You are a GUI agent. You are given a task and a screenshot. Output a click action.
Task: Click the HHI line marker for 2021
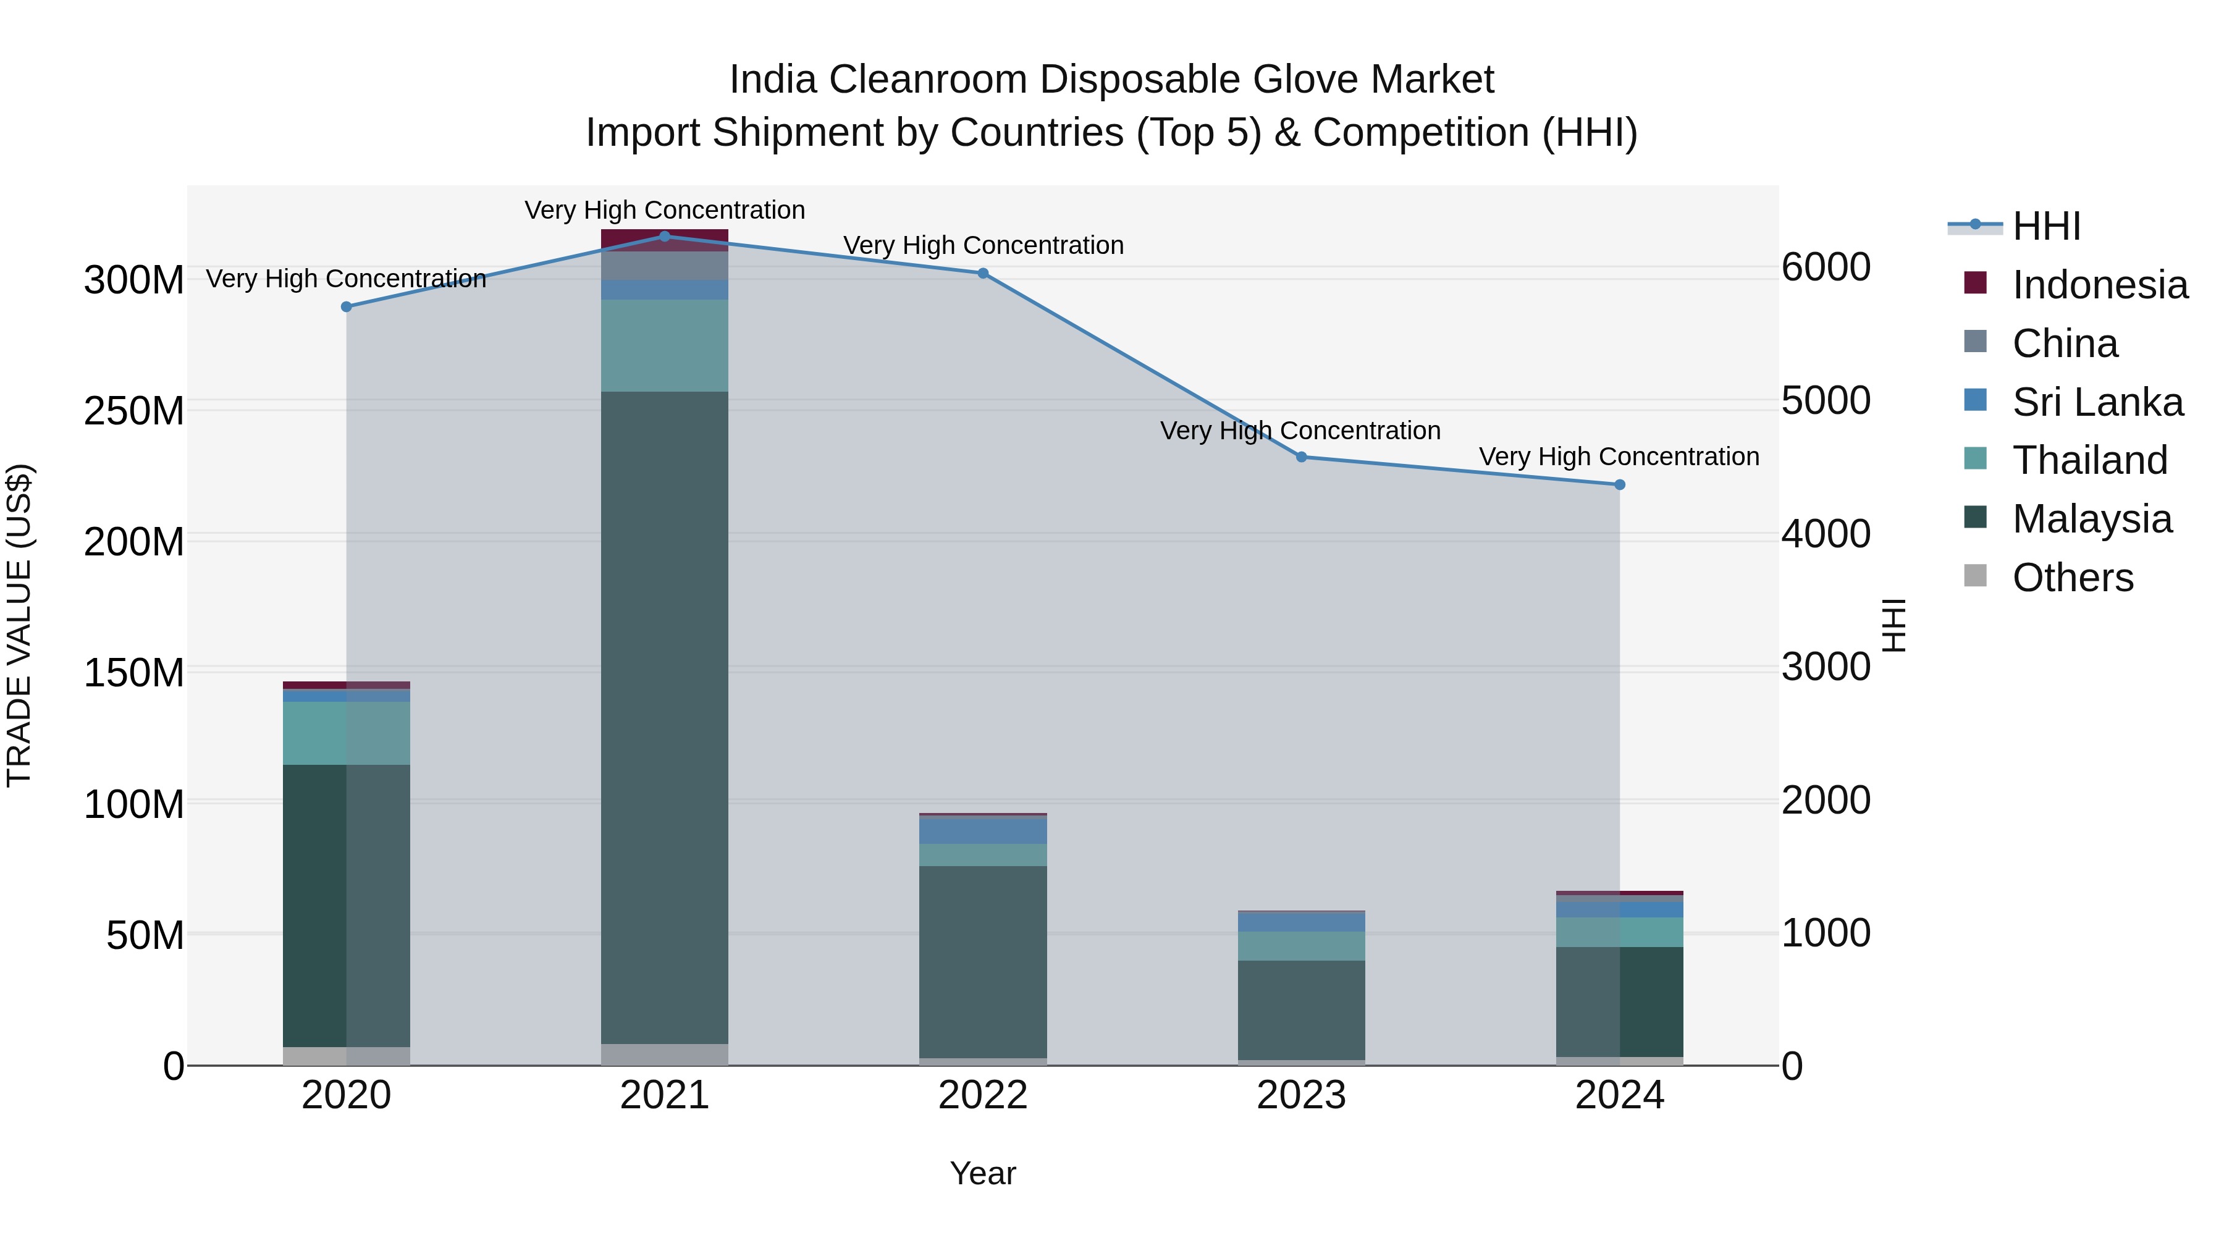[x=664, y=236]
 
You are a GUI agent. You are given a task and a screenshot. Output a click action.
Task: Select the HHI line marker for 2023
[x=1301, y=457]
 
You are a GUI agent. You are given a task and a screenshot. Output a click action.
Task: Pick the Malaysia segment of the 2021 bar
[x=664, y=717]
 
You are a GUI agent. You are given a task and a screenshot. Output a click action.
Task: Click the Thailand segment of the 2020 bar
[x=346, y=732]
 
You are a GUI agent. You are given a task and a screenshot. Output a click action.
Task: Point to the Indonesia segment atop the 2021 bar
[x=664, y=239]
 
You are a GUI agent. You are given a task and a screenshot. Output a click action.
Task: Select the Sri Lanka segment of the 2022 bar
[x=982, y=830]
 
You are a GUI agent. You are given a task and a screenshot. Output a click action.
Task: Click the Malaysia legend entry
[x=2091, y=519]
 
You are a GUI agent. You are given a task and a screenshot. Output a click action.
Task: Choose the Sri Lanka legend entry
[x=2097, y=402]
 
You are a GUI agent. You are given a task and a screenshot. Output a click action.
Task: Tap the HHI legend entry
[x=2045, y=226]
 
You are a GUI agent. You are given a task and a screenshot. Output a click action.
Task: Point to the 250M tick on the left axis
[x=134, y=411]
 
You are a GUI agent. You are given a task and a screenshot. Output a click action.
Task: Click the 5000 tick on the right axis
[x=1826, y=400]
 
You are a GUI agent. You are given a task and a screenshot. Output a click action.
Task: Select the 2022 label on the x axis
[x=982, y=1095]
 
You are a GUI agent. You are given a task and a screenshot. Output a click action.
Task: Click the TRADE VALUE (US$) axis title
[x=19, y=625]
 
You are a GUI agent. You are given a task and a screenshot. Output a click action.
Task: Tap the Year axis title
[x=982, y=1173]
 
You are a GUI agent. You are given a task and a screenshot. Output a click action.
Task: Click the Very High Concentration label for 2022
[x=982, y=245]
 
